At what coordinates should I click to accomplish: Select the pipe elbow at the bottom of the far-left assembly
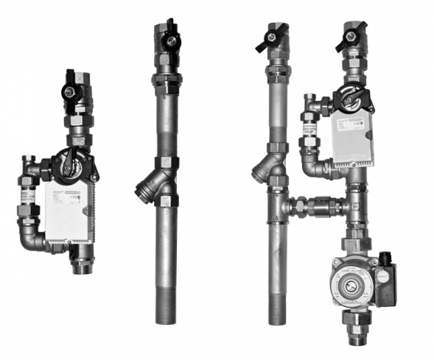click(32, 239)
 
